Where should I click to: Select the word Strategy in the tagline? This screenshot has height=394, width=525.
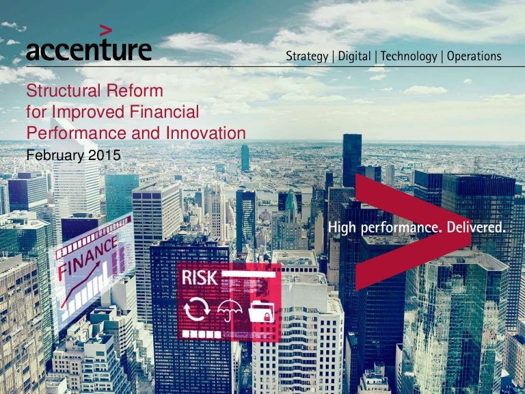point(307,56)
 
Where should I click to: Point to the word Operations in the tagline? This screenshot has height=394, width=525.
point(474,56)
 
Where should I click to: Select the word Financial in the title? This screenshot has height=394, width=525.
point(167,112)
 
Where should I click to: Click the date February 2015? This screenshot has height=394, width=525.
point(73,155)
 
